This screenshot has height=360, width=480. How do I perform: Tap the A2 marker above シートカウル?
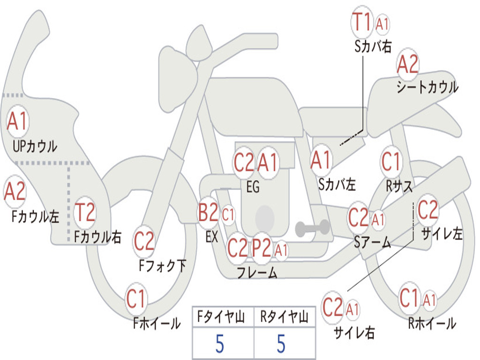pos(407,64)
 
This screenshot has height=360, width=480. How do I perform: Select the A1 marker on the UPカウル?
pos(17,121)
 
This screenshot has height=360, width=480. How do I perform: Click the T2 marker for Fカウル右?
pos(85,212)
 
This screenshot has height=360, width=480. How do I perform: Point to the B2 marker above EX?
pos(208,212)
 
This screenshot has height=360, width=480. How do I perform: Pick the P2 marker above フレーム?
pos(262,248)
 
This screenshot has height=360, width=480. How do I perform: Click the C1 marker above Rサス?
pos(391,161)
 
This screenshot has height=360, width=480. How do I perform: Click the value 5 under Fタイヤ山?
pos(220,344)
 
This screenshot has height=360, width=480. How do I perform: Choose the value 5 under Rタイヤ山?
pos(281,344)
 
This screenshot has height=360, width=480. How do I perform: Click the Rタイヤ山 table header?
pos(285,317)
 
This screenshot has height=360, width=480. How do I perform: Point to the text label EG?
pos(253,187)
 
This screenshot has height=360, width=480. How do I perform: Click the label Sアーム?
pos(373,242)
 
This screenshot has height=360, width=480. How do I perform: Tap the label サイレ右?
pos(354,332)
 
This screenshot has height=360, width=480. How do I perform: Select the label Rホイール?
pos(432,323)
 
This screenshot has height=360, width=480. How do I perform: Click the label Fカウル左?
pos(35,217)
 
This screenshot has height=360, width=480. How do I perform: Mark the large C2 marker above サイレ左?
pos(427,210)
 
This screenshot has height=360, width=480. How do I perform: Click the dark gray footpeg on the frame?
pos(312,228)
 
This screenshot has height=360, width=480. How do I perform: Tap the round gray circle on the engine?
pos(265,218)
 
